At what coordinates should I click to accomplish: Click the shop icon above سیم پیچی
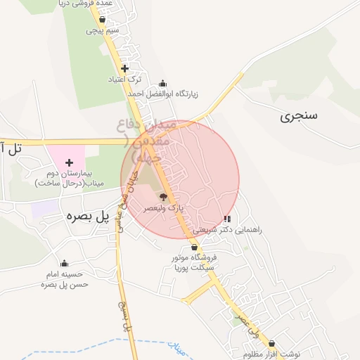tap(103, 20)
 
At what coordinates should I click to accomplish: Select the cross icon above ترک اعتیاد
tap(124, 68)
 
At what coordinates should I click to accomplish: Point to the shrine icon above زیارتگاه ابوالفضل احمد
tap(163, 83)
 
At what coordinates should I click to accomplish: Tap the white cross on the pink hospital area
tap(69, 162)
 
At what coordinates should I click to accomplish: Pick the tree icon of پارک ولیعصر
tap(163, 198)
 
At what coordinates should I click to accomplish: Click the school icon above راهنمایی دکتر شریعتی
tap(226, 219)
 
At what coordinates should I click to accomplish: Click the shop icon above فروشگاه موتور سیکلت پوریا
tap(194, 247)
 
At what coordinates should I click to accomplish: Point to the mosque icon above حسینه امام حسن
tap(64, 264)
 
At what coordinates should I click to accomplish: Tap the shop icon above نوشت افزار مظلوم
tap(271, 344)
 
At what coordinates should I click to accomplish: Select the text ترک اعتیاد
tap(125, 79)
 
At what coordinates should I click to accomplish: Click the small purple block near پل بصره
tap(44, 208)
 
